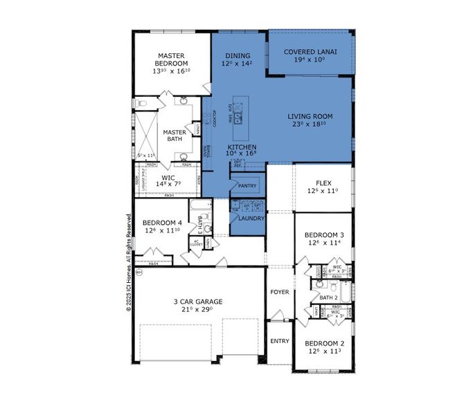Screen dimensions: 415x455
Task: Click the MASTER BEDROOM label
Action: pyautogui.click(x=169, y=60)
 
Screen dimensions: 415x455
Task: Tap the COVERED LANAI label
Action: pyautogui.click(x=310, y=51)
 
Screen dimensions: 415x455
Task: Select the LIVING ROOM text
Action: pyautogui.click(x=310, y=116)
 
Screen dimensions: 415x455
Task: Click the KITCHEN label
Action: pyautogui.click(x=242, y=147)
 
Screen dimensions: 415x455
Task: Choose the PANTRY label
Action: pyautogui.click(x=247, y=185)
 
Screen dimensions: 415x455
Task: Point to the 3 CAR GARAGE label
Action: pyautogui.click(x=198, y=302)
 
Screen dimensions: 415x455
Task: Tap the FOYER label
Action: pyautogui.click(x=280, y=292)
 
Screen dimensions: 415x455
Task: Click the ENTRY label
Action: pyautogui.click(x=280, y=341)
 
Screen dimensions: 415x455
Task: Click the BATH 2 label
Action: pyautogui.click(x=328, y=297)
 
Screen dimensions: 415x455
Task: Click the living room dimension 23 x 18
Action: pyautogui.click(x=310, y=125)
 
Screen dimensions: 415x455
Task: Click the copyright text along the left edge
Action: pyautogui.click(x=129, y=263)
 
